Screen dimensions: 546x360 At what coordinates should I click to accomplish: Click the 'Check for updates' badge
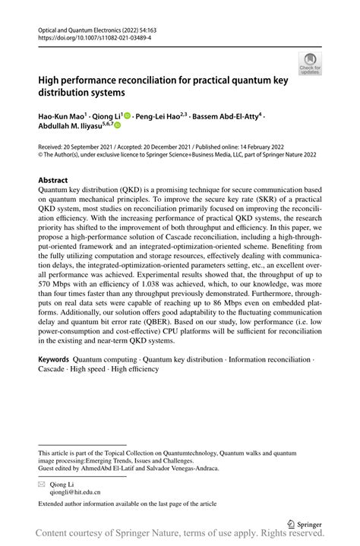tap(310, 64)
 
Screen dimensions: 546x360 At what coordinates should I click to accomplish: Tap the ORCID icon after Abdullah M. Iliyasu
tap(118, 127)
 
